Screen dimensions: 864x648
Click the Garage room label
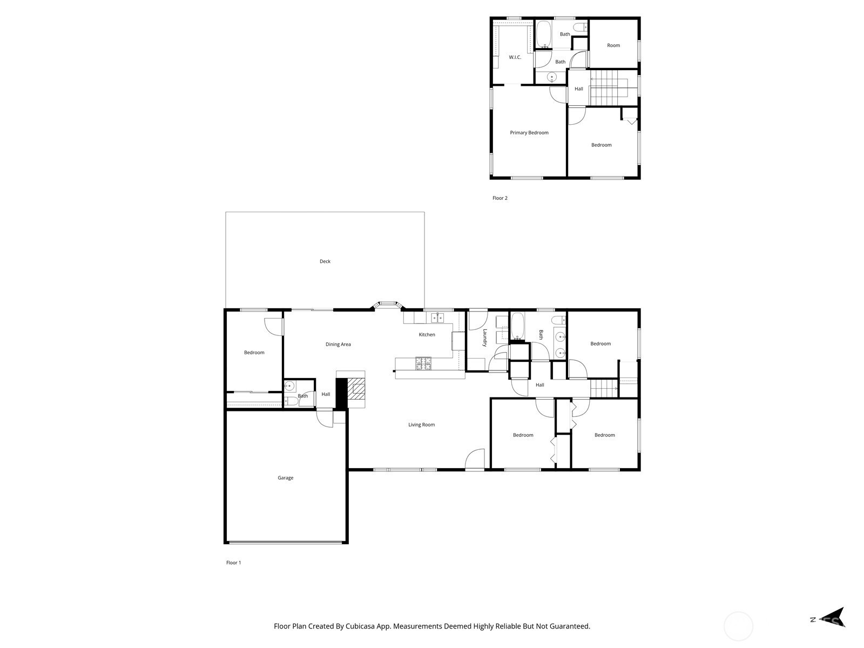pyautogui.click(x=285, y=478)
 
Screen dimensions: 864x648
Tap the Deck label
pyautogui.click(x=325, y=261)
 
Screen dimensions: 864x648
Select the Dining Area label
pyautogui.click(x=337, y=345)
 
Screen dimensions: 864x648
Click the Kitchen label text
pyautogui.click(x=427, y=334)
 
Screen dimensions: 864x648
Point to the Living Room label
pyautogui.click(x=421, y=424)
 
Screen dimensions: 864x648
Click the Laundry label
pyautogui.click(x=484, y=337)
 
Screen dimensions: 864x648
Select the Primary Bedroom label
pyautogui.click(x=529, y=133)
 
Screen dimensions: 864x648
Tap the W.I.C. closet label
pyautogui.click(x=515, y=57)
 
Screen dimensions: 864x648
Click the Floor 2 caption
pyautogui.click(x=500, y=198)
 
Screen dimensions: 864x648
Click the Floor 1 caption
pyautogui.click(x=233, y=563)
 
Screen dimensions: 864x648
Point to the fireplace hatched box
pyautogui.click(x=356, y=389)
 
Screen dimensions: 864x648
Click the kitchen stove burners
pyautogui.click(x=423, y=363)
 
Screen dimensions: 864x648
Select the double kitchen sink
pyautogui.click(x=437, y=317)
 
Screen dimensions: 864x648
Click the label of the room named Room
pyautogui.click(x=613, y=45)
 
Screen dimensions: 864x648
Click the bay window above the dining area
pyautogui.click(x=388, y=305)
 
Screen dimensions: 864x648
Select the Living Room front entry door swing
pyautogui.click(x=475, y=459)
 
